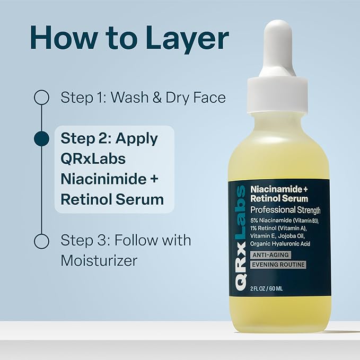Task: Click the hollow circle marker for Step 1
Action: coord(41,98)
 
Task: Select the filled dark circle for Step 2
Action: coord(41,139)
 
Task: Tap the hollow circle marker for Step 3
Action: coord(41,241)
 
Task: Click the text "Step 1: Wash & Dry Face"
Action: coord(143,98)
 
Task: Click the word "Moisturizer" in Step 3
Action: coord(99,261)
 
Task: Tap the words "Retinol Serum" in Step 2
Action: coord(112,199)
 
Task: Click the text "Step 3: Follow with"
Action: coord(126,241)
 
